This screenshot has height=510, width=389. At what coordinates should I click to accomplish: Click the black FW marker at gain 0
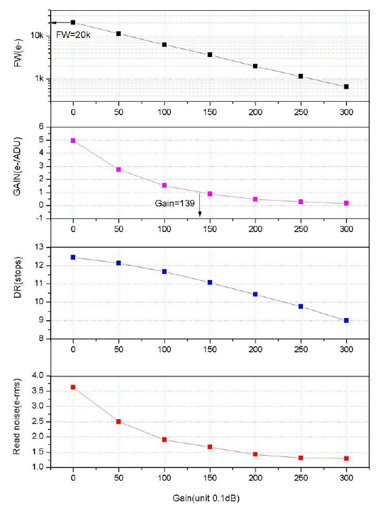tap(73, 22)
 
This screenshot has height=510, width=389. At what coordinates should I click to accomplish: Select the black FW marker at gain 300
tap(346, 87)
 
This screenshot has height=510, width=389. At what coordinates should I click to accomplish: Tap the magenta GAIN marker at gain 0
tap(73, 140)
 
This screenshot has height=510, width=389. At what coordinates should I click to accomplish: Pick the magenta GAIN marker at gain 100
tap(164, 185)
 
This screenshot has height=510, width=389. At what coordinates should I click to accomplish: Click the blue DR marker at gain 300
tap(346, 320)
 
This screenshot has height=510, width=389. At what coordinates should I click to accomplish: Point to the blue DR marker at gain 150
tap(210, 282)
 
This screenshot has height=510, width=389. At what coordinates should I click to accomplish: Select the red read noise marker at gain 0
tap(73, 387)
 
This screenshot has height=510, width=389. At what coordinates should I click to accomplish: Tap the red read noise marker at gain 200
tap(255, 454)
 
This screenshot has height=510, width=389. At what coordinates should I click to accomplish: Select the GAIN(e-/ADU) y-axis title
tap(20, 174)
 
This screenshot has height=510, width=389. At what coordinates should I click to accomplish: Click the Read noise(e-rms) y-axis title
tap(20, 422)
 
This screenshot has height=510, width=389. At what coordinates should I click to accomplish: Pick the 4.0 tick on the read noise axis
tap(37, 376)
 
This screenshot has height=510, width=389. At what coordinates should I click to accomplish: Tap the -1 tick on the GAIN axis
tap(41, 218)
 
